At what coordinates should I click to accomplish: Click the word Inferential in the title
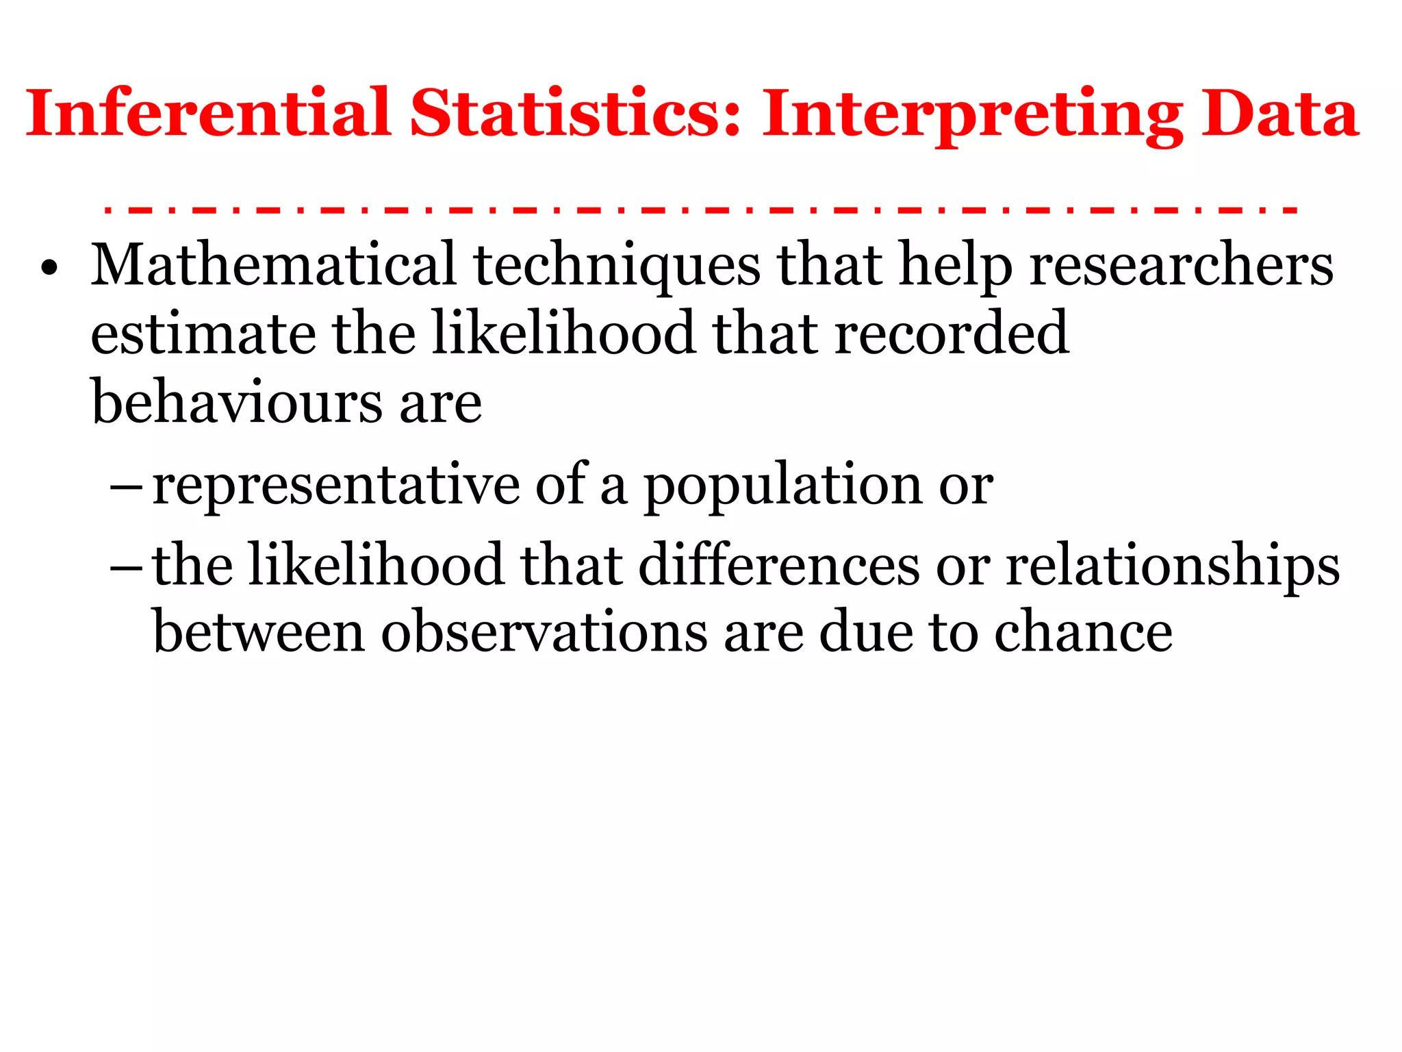208,114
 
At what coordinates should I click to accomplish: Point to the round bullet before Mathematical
49,268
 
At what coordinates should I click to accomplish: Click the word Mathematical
274,265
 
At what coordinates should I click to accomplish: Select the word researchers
1182,266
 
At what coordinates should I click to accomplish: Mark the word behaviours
237,402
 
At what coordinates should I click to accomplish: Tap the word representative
335,485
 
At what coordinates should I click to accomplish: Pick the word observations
544,632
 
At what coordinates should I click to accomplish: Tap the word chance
1083,632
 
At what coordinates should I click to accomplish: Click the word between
259,632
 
